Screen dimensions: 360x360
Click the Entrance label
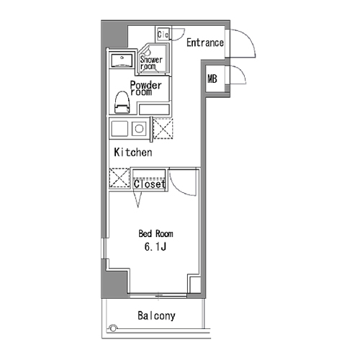pyautogui.click(x=205, y=42)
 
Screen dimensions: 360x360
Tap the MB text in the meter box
pyautogui.click(x=212, y=78)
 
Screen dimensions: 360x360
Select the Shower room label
pyautogui.click(x=151, y=63)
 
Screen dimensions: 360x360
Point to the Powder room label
pyautogui.click(x=145, y=89)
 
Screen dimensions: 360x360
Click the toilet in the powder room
pyautogui.click(x=122, y=102)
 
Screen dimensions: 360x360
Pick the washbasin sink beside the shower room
pyautogui.click(x=122, y=60)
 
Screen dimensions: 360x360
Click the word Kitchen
pyautogui.click(x=133, y=153)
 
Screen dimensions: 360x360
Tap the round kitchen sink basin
pyautogui.click(x=139, y=129)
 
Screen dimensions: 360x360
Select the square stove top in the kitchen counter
pyautogui.click(x=120, y=129)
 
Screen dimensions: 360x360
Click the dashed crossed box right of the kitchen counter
pyautogui.click(x=163, y=129)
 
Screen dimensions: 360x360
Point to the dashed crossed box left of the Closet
pyautogui.click(x=120, y=178)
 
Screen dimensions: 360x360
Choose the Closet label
pyautogui.click(x=150, y=184)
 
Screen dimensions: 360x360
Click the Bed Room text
pyautogui.click(x=156, y=233)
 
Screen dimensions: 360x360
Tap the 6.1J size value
pyautogui.click(x=156, y=246)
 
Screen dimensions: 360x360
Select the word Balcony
pyautogui.click(x=156, y=316)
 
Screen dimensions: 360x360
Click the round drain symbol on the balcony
pyautogui.click(x=113, y=328)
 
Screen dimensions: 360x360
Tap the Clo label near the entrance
pyautogui.click(x=163, y=35)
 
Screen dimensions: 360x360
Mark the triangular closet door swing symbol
pyautogui.click(x=138, y=199)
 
